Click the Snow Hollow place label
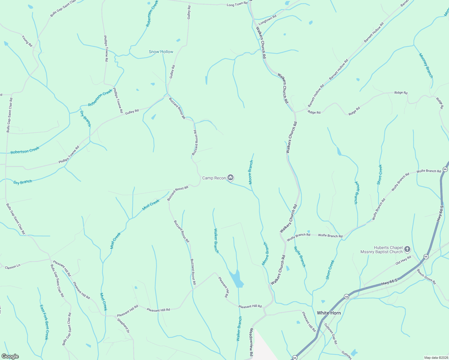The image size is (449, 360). pos(161,52)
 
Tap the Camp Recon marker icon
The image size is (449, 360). pos(231,178)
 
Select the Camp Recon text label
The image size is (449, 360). pos(214,178)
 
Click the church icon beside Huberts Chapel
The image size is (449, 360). pos(407,249)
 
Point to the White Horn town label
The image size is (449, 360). pos(329,313)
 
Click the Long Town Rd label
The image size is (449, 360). pos(237,4)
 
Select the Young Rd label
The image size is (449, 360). pos(27,41)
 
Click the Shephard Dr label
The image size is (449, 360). pos(123,325)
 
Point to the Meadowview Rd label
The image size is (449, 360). pos(251,342)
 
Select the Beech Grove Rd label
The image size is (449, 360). pos(426,277)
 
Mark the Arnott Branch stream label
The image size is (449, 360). pos(356,192)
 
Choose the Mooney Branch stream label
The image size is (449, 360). pos(426,65)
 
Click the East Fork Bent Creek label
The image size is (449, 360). pos(44,322)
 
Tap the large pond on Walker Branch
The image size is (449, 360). pos(237,279)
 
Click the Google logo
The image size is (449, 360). pos(10,356)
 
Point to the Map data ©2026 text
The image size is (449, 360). pos(435,358)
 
